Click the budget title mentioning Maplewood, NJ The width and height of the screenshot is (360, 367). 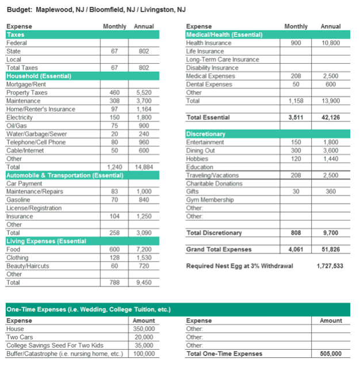click(x=96, y=10)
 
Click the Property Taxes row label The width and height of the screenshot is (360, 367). click(x=26, y=93)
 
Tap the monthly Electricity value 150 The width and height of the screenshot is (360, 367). click(x=115, y=117)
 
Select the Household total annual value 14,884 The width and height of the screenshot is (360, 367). click(x=144, y=167)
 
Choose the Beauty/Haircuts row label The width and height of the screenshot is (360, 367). click(x=27, y=266)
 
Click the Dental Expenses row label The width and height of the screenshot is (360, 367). click(x=209, y=85)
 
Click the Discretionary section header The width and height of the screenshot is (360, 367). click(x=206, y=134)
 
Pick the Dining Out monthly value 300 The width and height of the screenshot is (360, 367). click(x=296, y=151)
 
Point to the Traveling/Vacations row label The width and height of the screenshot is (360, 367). click(x=212, y=175)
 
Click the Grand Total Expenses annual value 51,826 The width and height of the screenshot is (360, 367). click(x=330, y=250)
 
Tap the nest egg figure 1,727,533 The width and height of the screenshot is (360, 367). click(x=330, y=266)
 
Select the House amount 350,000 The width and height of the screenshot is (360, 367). click(x=143, y=329)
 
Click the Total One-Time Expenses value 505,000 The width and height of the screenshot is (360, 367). click(x=330, y=354)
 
